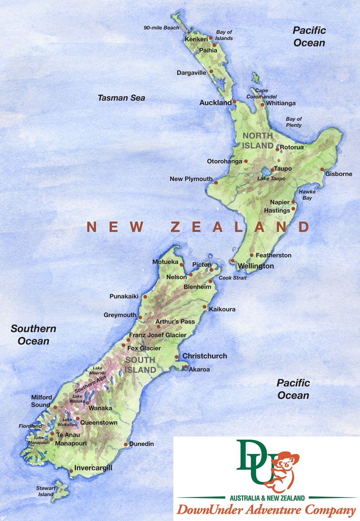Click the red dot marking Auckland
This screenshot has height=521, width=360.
pos(234,102)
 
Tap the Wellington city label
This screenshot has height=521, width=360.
pos(256,266)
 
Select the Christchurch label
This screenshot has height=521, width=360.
pos(205,356)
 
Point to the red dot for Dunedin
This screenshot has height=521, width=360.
pos(126,444)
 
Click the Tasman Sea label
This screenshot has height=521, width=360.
pos(121,98)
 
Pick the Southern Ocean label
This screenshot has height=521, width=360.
pos(33,335)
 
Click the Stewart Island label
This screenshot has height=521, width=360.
pos(45,491)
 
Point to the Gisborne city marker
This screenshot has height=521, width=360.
pos(322,169)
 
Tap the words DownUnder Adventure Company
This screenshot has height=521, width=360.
pos(266,511)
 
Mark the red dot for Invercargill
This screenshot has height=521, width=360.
pos(72,471)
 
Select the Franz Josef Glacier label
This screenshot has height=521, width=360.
pos(157,335)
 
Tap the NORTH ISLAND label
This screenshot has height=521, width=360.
pos(258,141)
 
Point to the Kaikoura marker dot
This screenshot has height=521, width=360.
pos(205,307)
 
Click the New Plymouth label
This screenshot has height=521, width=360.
pos(191,179)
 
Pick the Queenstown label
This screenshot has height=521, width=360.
pos(99,423)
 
